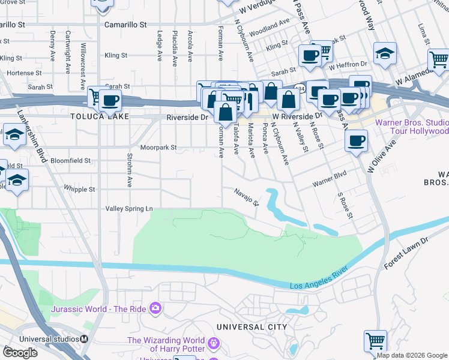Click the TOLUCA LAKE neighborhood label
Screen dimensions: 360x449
[95, 116]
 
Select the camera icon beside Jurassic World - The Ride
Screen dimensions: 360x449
[155, 308]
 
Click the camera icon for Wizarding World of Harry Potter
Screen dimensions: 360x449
[214, 345]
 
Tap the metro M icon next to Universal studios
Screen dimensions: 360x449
[84, 338]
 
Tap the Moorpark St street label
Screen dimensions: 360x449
[158, 147]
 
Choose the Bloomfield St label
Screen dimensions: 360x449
[70, 161]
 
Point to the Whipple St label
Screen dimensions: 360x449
[79, 189]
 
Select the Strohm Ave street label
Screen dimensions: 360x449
[130, 170]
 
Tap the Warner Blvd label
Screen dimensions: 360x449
[330, 181]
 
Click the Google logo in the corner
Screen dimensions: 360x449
[20, 352]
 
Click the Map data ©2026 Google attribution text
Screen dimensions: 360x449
[412, 355]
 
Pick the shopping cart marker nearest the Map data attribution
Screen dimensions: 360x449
[375, 340]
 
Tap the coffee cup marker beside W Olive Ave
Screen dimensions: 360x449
[357, 141]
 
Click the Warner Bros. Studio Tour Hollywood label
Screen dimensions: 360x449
[412, 127]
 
